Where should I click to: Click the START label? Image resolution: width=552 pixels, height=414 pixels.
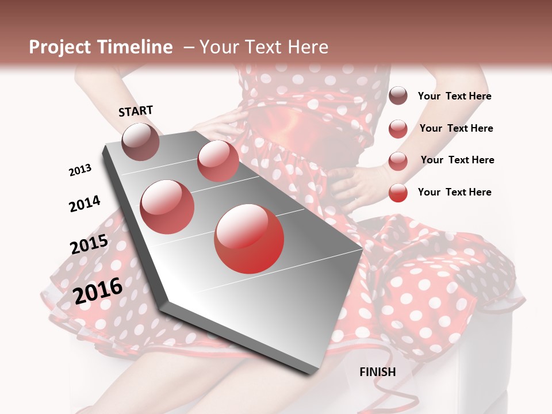tap(136, 111)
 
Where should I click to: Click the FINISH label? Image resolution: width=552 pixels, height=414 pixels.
tap(377, 372)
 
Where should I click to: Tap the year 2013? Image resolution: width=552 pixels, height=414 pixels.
tap(80, 170)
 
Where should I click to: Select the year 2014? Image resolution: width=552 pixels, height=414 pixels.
tap(85, 204)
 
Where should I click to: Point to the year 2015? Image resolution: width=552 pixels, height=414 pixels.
tap(89, 244)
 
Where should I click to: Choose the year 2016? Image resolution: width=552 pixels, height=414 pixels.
tap(98, 291)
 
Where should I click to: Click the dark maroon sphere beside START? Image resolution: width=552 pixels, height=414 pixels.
tap(140, 141)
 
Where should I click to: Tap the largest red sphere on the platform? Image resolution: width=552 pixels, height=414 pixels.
tap(249, 239)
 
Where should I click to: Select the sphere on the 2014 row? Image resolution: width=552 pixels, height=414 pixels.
tap(167, 206)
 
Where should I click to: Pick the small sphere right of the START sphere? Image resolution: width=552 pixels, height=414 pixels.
tap(218, 160)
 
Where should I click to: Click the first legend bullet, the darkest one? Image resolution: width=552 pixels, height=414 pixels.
tap(398, 96)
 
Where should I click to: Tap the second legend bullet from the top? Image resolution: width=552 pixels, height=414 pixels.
tap(398, 129)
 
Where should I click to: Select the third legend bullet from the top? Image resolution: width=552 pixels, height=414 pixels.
tap(398, 161)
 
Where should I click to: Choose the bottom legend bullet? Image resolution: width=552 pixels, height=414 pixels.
tap(398, 193)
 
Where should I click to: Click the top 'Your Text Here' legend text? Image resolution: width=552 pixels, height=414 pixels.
tap(454, 96)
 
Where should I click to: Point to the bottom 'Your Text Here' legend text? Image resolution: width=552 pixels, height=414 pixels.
tap(454, 192)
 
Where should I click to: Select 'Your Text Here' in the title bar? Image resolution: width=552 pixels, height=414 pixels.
tap(264, 47)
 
